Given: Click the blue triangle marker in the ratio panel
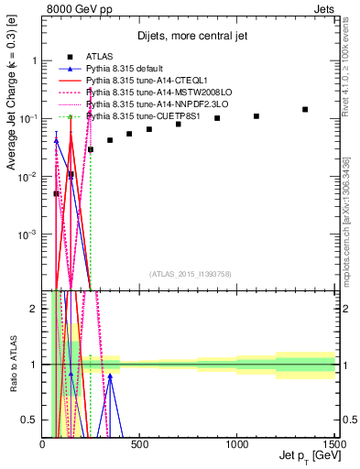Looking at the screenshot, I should (x=110, y=376).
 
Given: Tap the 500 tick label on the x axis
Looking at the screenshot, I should (x=139, y=444).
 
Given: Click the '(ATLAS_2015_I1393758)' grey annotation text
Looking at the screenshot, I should (x=191, y=273).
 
